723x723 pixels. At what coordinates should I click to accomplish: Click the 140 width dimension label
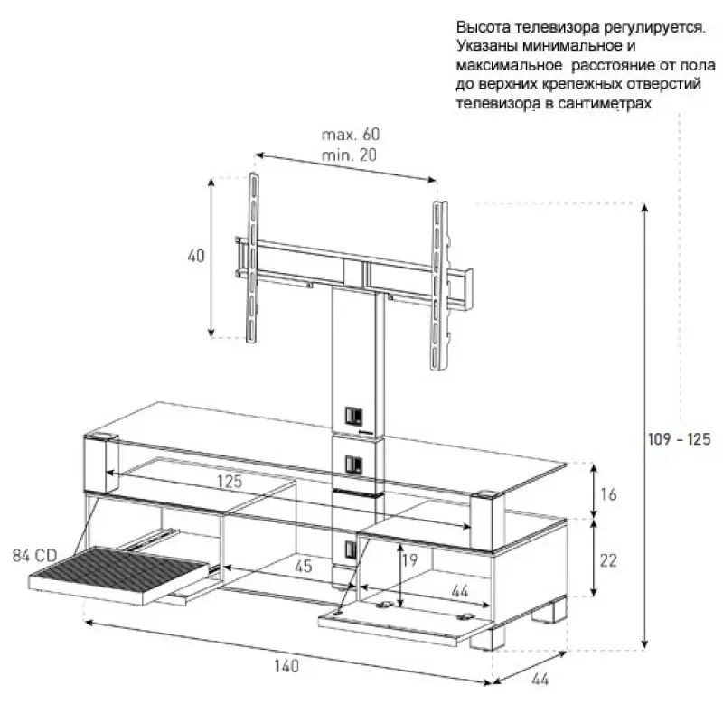[x=286, y=666]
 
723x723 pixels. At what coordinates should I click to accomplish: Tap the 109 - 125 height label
[x=680, y=439]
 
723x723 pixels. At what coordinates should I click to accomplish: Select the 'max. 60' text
[x=351, y=134]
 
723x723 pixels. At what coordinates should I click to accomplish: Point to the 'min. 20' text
[x=349, y=155]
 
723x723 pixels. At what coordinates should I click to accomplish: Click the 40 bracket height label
[x=196, y=256]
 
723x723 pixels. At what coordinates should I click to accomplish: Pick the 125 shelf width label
[x=230, y=482]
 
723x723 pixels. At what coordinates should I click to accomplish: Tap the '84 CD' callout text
[x=34, y=556]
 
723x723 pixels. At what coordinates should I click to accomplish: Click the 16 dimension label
[x=608, y=494]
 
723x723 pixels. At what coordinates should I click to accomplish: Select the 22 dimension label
[x=608, y=560]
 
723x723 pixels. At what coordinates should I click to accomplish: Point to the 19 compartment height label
[x=410, y=559]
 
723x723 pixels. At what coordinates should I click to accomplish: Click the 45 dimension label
[x=304, y=567]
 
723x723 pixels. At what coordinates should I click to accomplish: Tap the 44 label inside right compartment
[x=460, y=591]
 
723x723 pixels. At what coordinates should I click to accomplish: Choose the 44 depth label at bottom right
[x=540, y=680]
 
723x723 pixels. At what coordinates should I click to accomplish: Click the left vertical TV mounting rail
[x=253, y=258]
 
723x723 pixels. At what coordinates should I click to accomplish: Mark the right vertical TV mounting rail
[x=438, y=286]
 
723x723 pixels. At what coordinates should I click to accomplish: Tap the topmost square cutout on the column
[x=353, y=417]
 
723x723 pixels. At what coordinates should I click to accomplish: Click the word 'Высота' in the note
[x=484, y=27]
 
